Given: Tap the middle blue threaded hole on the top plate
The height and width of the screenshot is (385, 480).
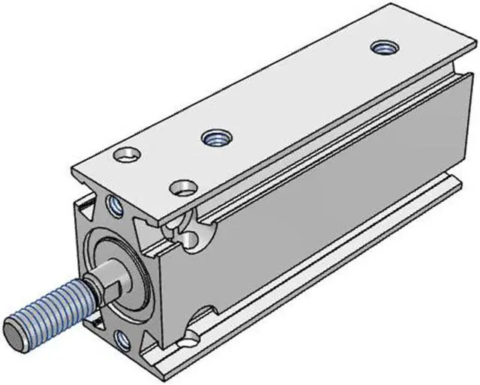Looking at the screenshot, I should (x=217, y=137).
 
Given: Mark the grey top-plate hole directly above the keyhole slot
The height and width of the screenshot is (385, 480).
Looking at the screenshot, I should (x=182, y=185).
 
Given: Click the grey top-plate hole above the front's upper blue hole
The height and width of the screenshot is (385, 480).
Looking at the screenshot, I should (x=126, y=156).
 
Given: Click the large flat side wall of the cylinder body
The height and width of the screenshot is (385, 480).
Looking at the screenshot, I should (x=330, y=195).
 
